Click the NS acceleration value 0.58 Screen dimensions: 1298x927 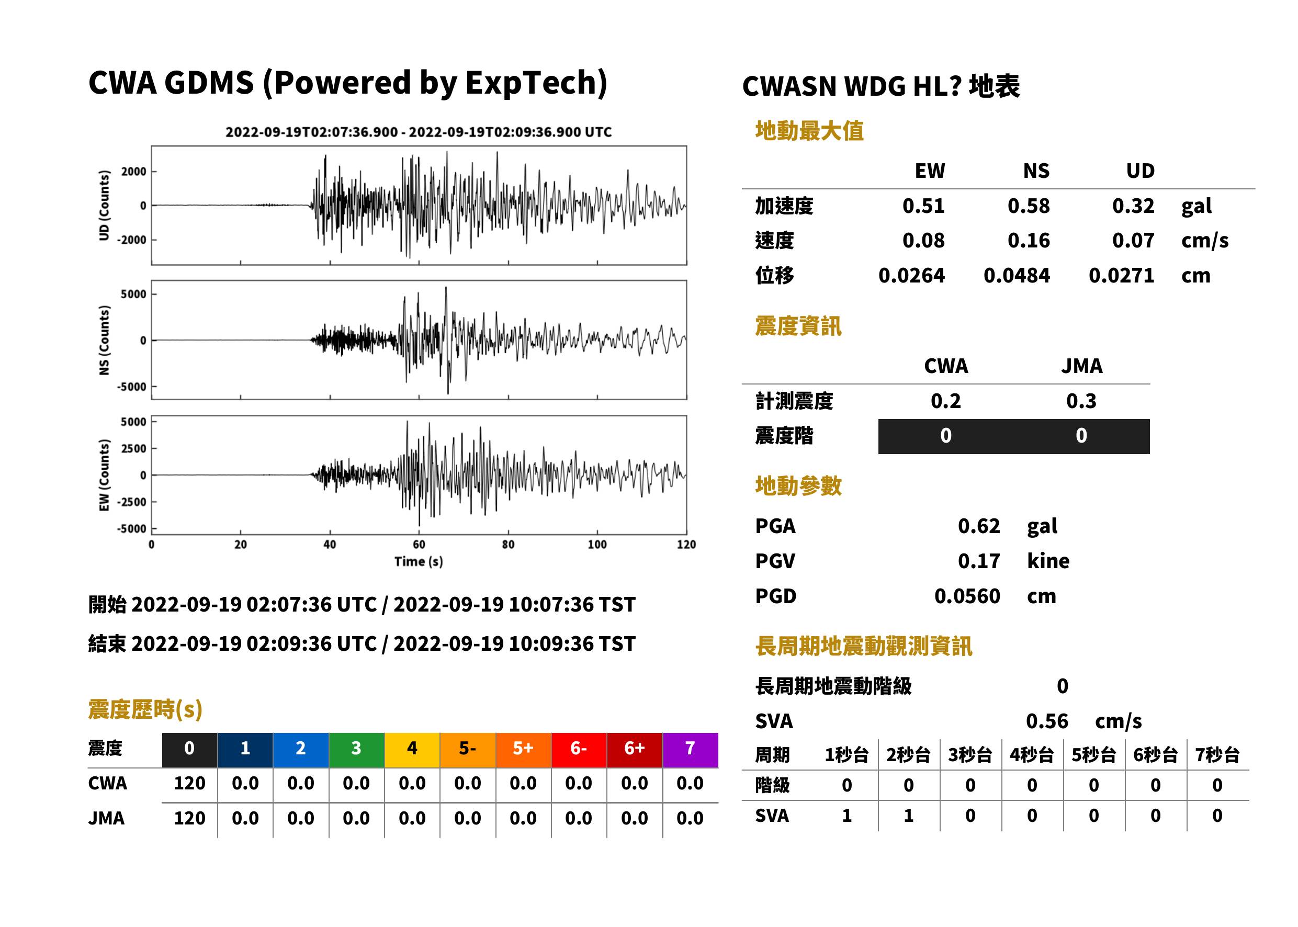point(1028,206)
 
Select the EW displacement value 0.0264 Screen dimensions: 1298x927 point(911,276)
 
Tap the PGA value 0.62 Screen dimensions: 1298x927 point(979,526)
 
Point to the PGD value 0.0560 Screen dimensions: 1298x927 point(967,596)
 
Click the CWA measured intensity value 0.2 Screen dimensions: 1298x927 point(946,401)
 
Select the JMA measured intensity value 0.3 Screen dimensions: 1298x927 point(1081,401)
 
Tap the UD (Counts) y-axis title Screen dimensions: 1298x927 point(104,206)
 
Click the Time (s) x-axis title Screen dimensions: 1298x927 point(419,562)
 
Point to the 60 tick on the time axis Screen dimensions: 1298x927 point(419,545)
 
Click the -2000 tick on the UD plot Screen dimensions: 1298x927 point(132,240)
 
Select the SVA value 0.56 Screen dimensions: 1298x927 point(1047,721)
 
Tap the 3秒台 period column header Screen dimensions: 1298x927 point(970,755)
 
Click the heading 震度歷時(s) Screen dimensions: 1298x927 point(145,709)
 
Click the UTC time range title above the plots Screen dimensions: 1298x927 point(419,132)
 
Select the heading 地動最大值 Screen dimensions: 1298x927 point(809,131)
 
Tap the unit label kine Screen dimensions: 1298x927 point(1048,561)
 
